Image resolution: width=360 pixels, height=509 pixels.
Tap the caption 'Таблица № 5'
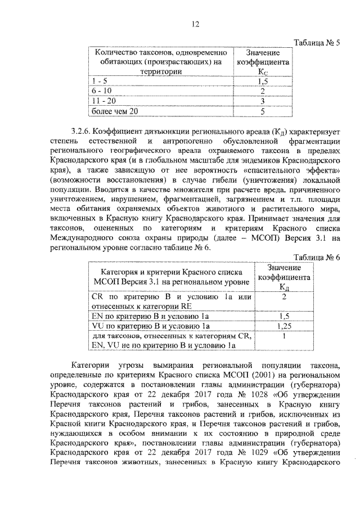coord(318,43)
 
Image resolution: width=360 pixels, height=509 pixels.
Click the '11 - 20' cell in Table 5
coord(103,101)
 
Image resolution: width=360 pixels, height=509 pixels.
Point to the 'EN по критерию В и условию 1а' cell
coord(150,316)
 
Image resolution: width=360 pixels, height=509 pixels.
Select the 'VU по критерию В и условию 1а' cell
coord(150,326)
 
